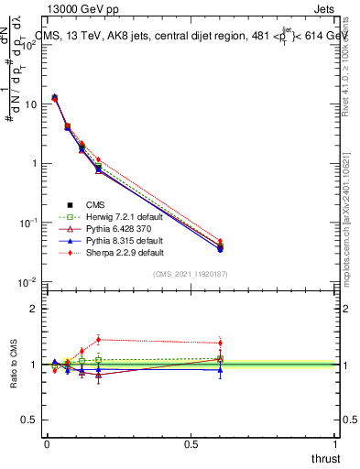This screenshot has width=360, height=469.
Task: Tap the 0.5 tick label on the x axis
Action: click(191, 443)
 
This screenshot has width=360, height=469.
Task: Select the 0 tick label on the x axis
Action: click(47, 443)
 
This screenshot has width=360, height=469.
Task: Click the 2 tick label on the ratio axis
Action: click(34, 309)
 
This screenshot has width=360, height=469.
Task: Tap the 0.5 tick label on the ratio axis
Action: click(29, 420)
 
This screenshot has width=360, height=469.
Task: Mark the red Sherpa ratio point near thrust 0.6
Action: click(220, 343)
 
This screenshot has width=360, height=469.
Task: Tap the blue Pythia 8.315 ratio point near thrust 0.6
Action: click(220, 369)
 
